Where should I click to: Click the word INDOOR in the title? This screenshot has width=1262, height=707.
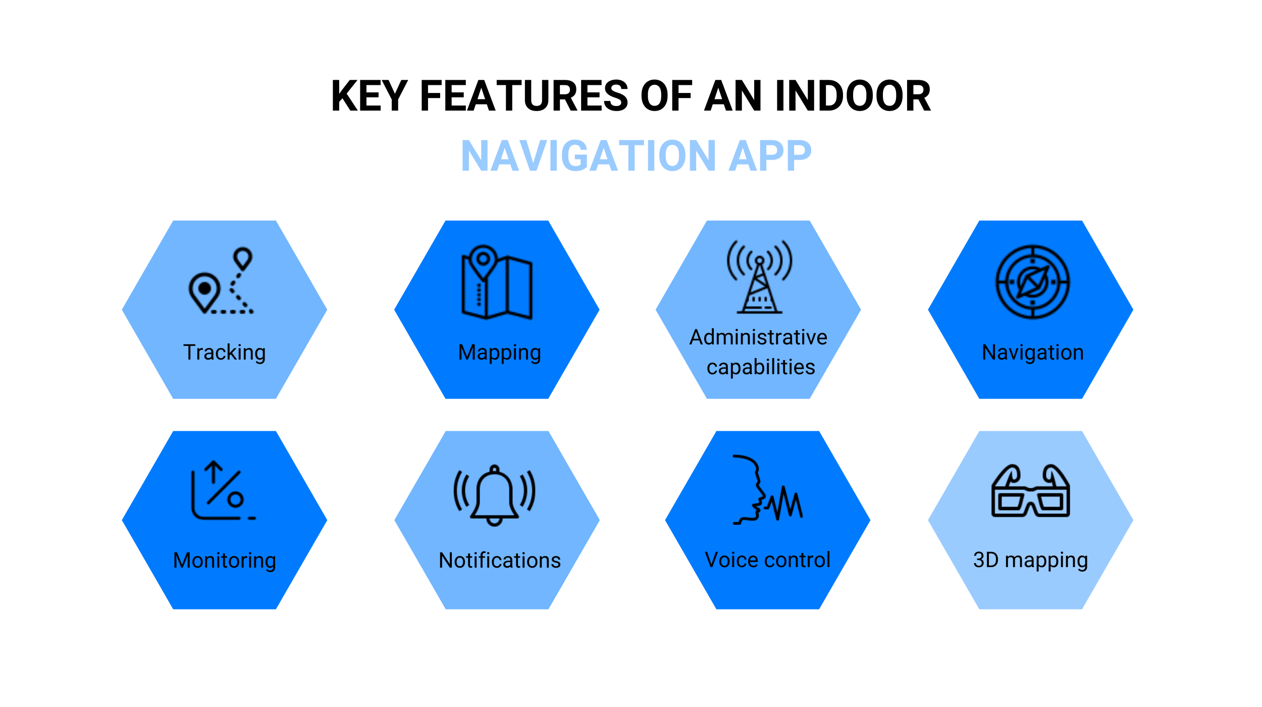(853, 96)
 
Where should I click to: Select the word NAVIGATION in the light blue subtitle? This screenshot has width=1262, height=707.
(589, 156)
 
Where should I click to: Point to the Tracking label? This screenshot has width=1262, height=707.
(225, 352)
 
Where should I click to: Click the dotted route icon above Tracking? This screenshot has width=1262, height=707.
(221, 281)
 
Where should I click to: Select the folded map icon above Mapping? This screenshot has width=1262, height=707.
(497, 282)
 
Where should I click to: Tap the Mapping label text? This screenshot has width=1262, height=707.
(500, 353)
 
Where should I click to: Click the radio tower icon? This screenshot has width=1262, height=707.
(760, 277)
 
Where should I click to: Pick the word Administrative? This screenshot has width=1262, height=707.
(759, 337)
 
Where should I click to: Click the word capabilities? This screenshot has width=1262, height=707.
(761, 368)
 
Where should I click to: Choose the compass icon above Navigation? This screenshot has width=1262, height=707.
(1033, 282)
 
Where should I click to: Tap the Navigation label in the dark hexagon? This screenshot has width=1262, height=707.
(1033, 352)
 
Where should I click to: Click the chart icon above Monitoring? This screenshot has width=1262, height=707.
(224, 490)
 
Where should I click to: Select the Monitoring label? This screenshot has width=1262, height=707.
(225, 561)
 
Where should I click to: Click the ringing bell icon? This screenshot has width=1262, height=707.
(495, 495)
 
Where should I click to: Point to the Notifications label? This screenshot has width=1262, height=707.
(500, 561)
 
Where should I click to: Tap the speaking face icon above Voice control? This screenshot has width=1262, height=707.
(768, 490)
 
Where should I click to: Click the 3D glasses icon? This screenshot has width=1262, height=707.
(1031, 491)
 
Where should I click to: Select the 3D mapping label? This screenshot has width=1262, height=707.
(1031, 561)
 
